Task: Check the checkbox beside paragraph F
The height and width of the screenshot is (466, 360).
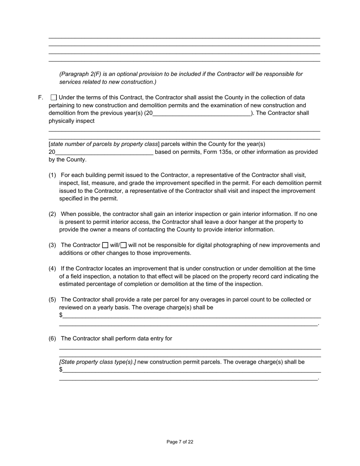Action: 53,97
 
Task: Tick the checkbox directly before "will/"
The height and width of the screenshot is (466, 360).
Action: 105,245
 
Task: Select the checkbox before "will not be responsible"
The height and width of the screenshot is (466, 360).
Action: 124,245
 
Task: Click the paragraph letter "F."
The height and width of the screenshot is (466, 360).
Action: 41,97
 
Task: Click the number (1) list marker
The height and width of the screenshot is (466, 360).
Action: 52,175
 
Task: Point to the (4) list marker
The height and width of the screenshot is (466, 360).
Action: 52,268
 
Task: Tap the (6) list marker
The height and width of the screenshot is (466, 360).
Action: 52,338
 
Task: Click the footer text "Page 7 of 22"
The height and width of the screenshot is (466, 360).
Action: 180,442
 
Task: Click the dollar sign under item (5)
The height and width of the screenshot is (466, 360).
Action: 61,315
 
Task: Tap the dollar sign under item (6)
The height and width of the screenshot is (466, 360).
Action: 61,369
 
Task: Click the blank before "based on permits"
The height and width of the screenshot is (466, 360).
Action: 104,152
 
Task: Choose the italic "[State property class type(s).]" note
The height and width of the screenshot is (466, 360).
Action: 97,362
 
